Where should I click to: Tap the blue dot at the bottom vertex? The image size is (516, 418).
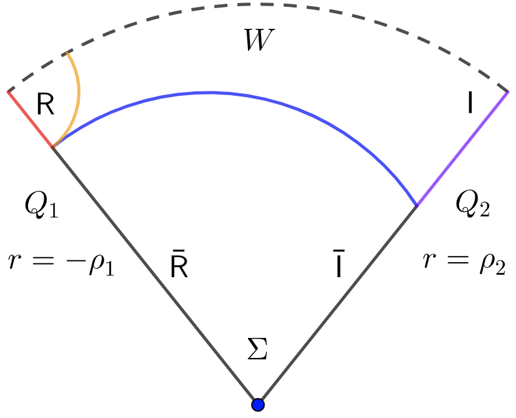pos(257,405)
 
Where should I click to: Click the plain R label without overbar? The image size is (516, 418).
pos(46,105)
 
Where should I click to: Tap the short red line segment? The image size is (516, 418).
pos(29,119)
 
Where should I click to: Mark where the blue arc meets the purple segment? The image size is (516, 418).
pos(417,205)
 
